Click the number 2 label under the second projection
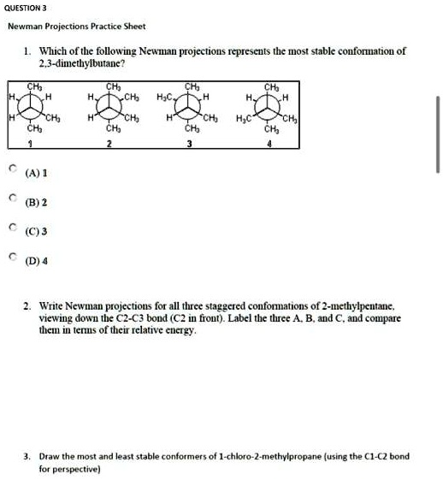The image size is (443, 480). [x=109, y=145]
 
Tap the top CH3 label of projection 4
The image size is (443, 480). [x=271, y=86]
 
